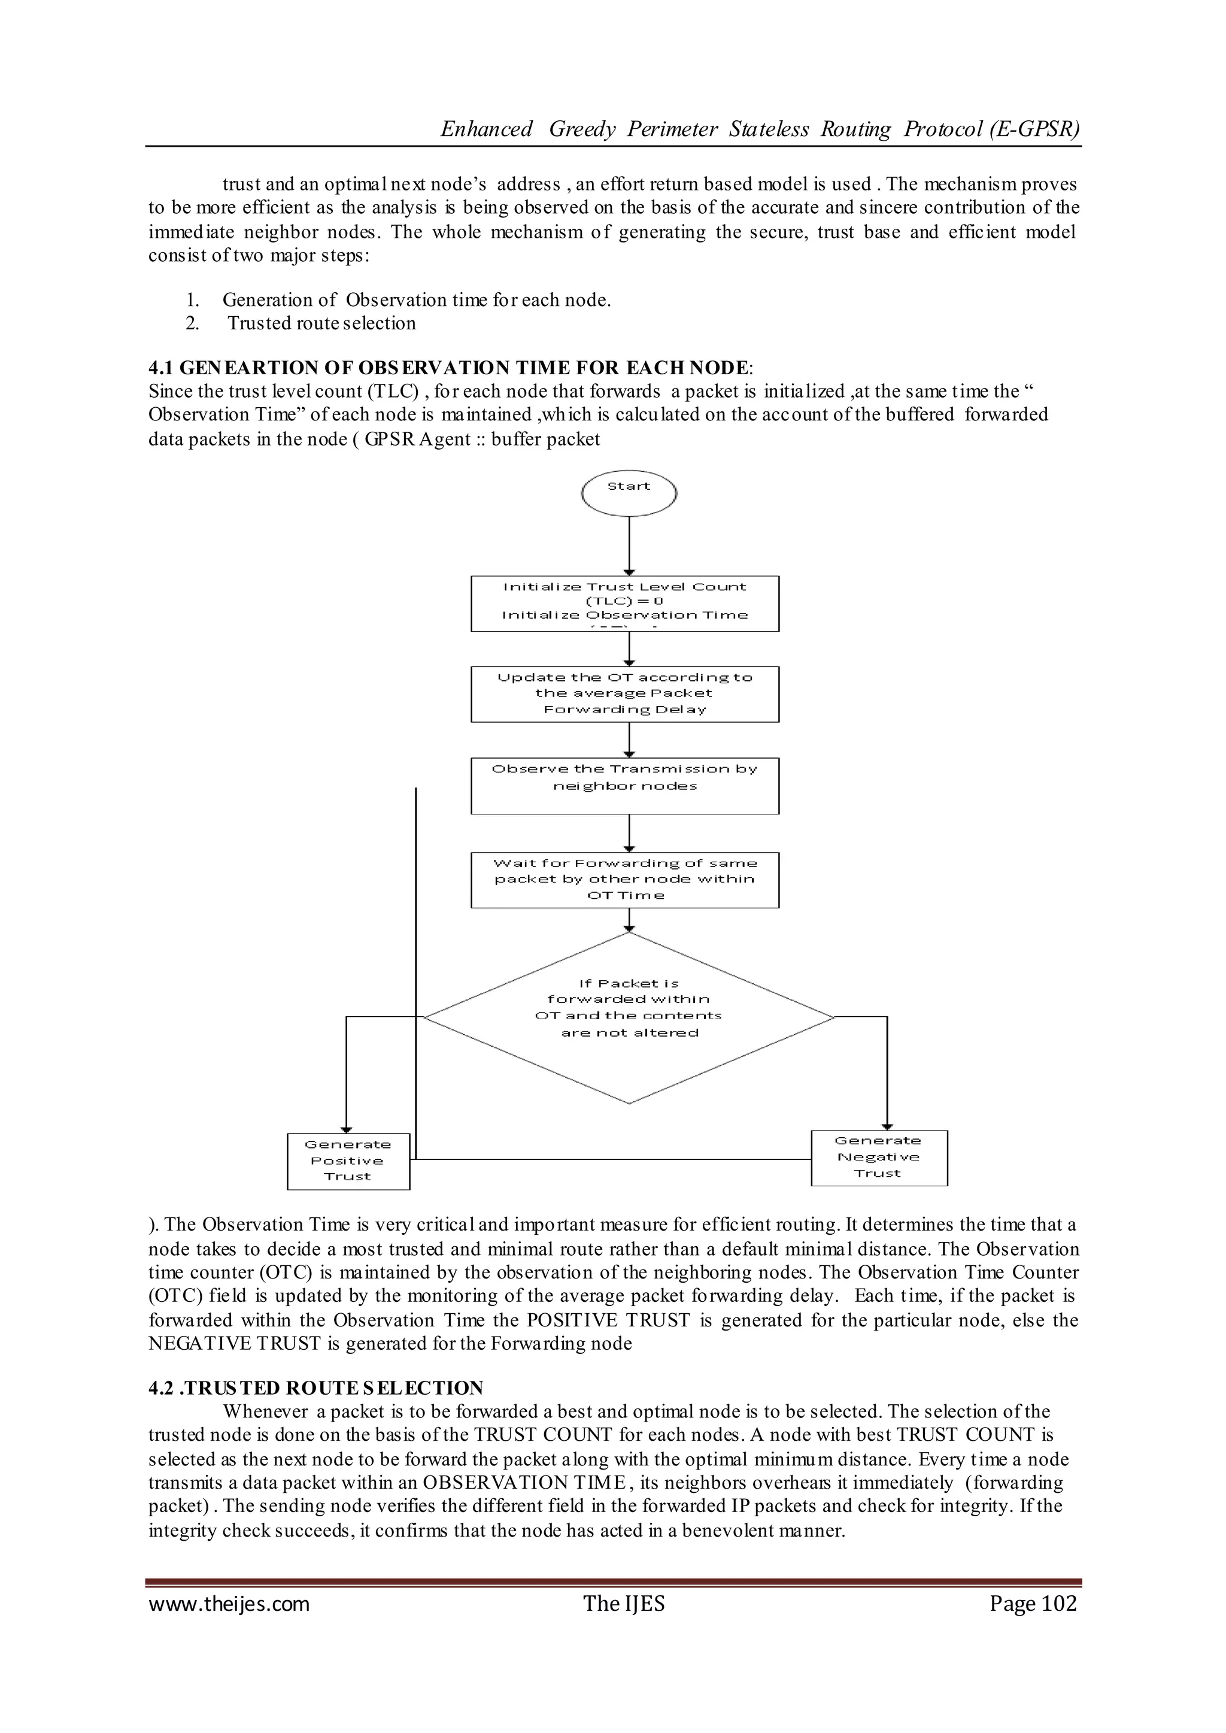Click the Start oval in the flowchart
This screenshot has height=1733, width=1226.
pyautogui.click(x=629, y=492)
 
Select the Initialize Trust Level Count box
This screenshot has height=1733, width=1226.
pyautogui.click(x=624, y=604)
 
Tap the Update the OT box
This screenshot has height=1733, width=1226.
pyautogui.click(x=624, y=693)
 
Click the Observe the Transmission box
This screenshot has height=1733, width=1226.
pyautogui.click(x=624, y=785)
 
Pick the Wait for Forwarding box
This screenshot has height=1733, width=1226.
pyautogui.click(x=624, y=880)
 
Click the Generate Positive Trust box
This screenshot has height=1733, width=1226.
pyautogui.click(x=348, y=1161)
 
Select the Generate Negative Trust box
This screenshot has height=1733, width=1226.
pyautogui.click(x=879, y=1157)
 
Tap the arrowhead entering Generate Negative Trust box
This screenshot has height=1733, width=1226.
pyautogui.click(x=887, y=1125)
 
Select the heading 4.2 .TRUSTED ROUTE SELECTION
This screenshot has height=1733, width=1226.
pyautogui.click(x=315, y=1388)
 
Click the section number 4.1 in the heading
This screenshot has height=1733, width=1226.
pyautogui.click(x=162, y=368)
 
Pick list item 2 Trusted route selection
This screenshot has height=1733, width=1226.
pyautogui.click(x=321, y=323)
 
